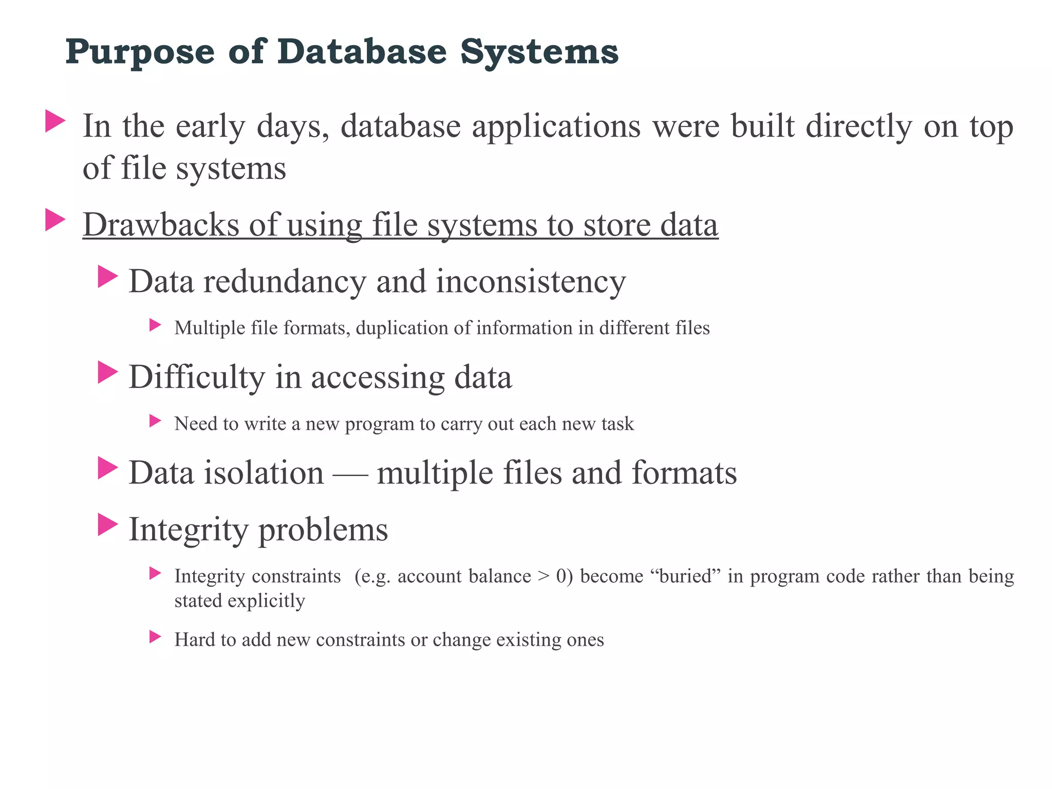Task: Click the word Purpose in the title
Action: (x=140, y=53)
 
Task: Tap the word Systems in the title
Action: (x=539, y=53)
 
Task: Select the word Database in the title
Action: (x=362, y=52)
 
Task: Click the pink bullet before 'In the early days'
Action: (x=55, y=121)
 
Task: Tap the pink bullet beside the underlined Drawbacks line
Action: (x=55, y=220)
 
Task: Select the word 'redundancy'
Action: (x=285, y=281)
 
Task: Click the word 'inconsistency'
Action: (x=531, y=281)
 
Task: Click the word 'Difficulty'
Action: (x=196, y=377)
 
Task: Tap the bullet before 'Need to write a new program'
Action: (x=155, y=421)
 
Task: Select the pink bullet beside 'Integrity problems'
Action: (x=108, y=525)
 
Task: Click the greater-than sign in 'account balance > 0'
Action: (x=543, y=577)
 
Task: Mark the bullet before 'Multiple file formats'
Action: (x=155, y=325)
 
